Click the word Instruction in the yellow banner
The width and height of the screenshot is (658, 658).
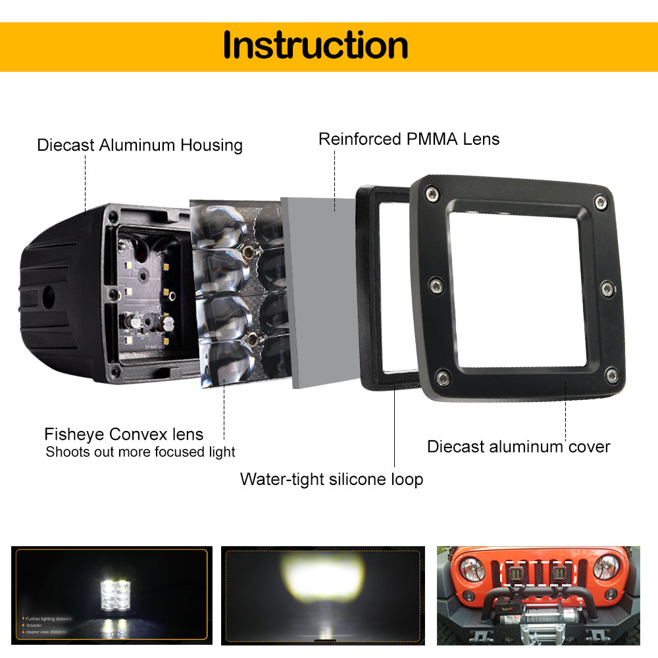click(x=315, y=45)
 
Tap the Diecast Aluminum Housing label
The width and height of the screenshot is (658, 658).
click(x=139, y=145)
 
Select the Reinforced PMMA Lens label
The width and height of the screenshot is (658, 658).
click(x=409, y=139)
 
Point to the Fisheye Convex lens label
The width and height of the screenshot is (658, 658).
click(x=124, y=434)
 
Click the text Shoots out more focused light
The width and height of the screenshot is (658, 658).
click(x=140, y=452)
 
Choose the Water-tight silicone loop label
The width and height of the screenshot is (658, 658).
click(x=331, y=479)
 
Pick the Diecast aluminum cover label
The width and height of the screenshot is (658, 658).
click(x=519, y=447)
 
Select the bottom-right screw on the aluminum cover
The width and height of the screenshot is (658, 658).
click(x=613, y=376)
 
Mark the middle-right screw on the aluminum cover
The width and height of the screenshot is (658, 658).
click(x=608, y=288)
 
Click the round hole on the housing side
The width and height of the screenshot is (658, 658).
click(x=49, y=298)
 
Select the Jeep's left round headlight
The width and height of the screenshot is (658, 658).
click(x=472, y=568)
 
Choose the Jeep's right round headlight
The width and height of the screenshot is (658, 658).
click(x=605, y=567)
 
